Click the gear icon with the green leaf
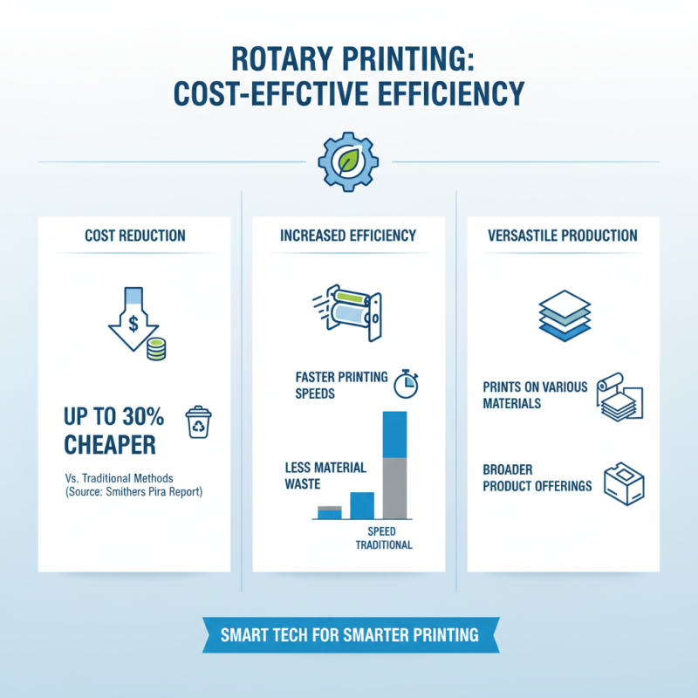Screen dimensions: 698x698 347,161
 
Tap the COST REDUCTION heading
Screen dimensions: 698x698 134,236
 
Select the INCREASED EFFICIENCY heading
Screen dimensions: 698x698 348,236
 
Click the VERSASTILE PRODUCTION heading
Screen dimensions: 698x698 563,236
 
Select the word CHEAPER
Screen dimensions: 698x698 110,445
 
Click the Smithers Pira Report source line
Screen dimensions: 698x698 136,492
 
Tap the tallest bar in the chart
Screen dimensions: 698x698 395,465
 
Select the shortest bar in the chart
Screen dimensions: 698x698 329,512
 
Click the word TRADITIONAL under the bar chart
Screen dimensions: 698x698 383,545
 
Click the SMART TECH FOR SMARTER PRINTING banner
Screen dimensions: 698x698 349,635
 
